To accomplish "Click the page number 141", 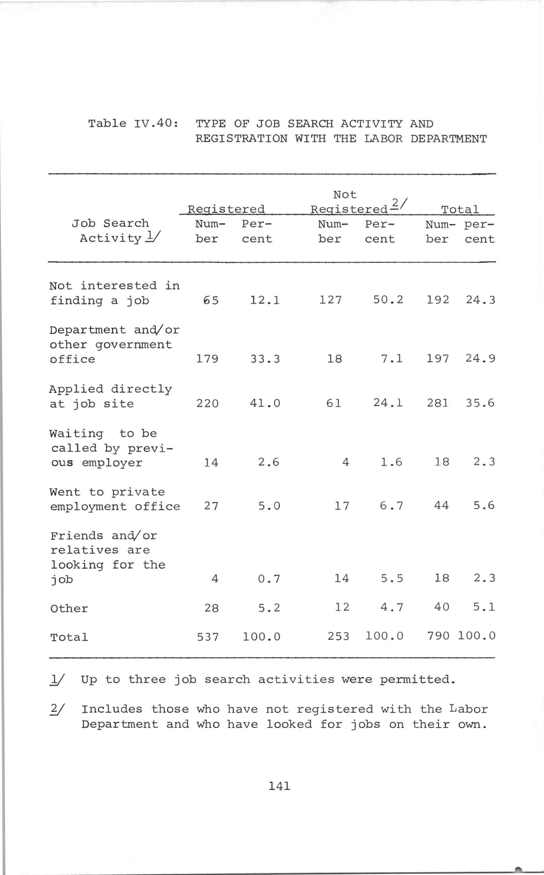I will point(279,787).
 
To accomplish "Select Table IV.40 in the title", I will point(133,124).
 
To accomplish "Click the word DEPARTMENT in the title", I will point(448,139).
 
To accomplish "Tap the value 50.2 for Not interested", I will point(388,300).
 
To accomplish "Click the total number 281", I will point(438,403).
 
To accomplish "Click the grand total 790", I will point(438,636).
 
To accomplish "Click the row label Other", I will point(69,609).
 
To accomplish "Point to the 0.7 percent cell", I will point(269,579).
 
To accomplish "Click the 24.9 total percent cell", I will point(480,358).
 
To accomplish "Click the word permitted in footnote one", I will point(417,679).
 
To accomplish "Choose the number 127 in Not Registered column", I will point(330,300).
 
